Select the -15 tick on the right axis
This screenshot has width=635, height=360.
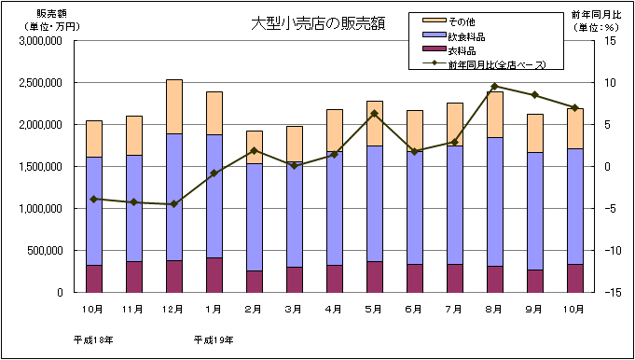click(611, 292)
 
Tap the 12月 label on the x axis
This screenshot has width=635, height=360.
click(173, 308)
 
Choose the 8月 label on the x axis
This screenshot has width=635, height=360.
click(494, 308)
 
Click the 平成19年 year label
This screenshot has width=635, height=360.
click(213, 339)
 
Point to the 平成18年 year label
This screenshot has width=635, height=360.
click(92, 339)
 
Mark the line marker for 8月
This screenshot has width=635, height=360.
click(494, 86)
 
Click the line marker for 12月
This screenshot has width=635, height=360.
click(173, 204)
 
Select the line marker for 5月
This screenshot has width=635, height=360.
click(374, 114)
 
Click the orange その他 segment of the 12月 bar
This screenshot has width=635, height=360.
click(173, 106)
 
